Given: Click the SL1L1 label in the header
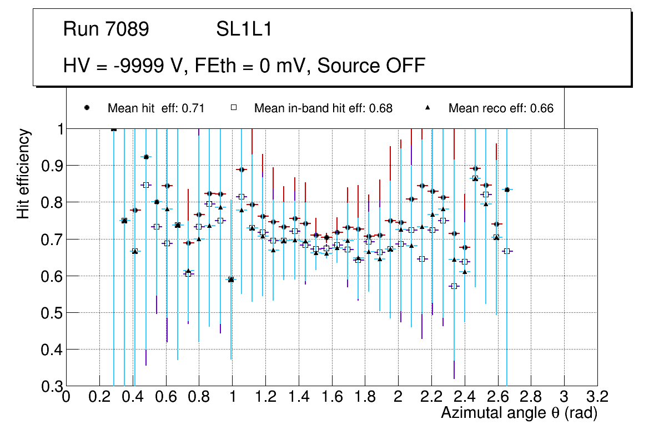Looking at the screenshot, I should point(244,29).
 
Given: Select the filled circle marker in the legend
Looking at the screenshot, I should point(87,108).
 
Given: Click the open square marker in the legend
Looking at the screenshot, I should point(234,108).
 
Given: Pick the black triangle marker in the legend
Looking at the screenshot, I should point(428,108).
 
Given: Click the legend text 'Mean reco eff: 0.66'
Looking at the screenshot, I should point(501,108).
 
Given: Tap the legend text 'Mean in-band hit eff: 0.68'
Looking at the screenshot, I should point(323,108).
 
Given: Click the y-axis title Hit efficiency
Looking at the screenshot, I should point(23,173).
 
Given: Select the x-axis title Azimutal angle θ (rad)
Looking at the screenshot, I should point(519,413).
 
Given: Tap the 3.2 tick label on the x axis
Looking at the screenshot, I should point(597,397).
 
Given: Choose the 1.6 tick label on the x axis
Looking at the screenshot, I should point(331,397).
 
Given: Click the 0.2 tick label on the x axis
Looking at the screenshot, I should point(99,397).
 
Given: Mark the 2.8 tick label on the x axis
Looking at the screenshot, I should point(531,397).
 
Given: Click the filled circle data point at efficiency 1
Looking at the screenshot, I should point(114,129).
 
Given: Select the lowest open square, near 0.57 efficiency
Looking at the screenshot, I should point(454,286).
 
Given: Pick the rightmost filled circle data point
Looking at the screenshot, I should point(507,189).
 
